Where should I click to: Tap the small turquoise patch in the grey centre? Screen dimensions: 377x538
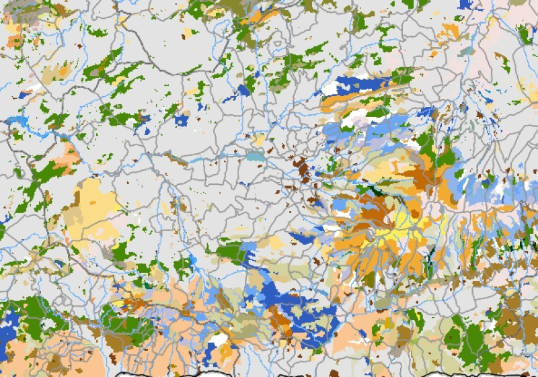click(254, 157)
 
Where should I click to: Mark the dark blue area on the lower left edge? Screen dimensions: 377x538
click(8, 333)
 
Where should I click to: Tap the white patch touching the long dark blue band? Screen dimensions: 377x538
click(331, 88)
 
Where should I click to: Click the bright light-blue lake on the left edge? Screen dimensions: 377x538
click(17, 121)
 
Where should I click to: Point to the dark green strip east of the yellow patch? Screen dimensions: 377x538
click(429, 259)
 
